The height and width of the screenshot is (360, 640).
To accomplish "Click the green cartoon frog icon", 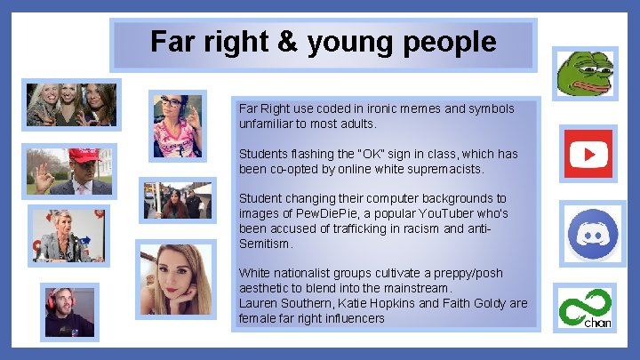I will coord(584,73).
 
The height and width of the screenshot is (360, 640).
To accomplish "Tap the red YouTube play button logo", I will coord(588,155).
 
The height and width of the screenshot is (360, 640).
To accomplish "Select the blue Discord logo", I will coord(591,232).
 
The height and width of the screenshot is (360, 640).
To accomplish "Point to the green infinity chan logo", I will coord(584,308).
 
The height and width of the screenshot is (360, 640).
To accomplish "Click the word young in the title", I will coord(349,42).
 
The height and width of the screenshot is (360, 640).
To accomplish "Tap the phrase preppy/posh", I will coord(445,274).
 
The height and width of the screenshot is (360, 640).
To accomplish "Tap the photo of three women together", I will coord(71,105).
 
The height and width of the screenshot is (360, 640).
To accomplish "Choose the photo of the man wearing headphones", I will coord(70,311).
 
